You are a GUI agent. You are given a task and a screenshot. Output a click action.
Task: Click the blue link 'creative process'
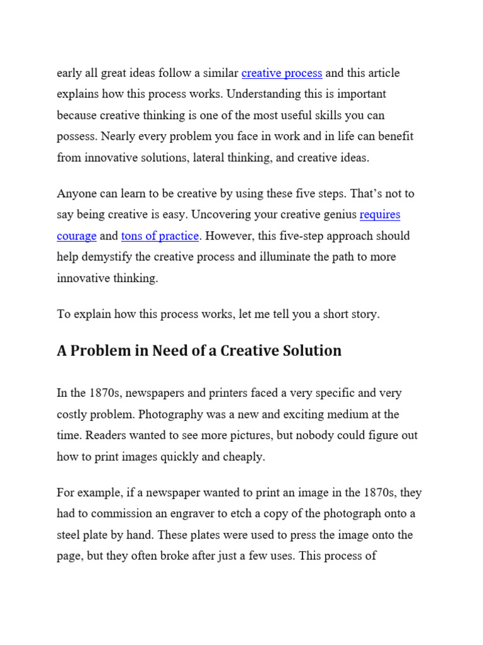[x=282, y=73]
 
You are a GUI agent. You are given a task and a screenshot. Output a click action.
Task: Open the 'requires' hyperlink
[x=380, y=215]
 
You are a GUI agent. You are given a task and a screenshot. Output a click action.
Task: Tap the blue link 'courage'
[x=77, y=236]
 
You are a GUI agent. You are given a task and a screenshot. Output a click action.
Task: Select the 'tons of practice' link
[x=160, y=236]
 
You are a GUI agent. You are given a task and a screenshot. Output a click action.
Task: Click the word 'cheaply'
[x=244, y=457]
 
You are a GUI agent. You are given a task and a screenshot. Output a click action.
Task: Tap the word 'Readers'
[x=106, y=435]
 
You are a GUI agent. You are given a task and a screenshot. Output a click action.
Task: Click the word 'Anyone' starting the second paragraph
[x=75, y=193]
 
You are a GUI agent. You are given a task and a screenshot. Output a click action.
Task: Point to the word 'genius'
[x=337, y=215]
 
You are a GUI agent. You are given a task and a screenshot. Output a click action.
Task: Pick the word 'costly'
[x=71, y=414]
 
